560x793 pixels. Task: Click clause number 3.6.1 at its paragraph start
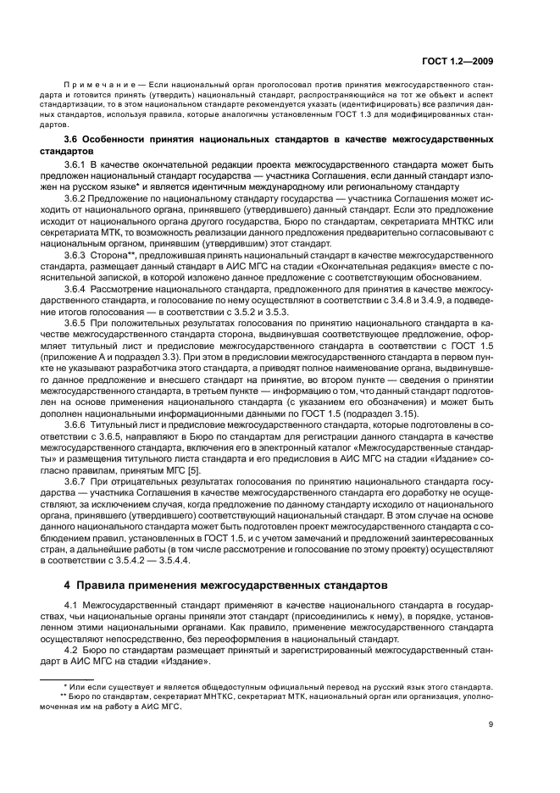pos(77,160)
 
